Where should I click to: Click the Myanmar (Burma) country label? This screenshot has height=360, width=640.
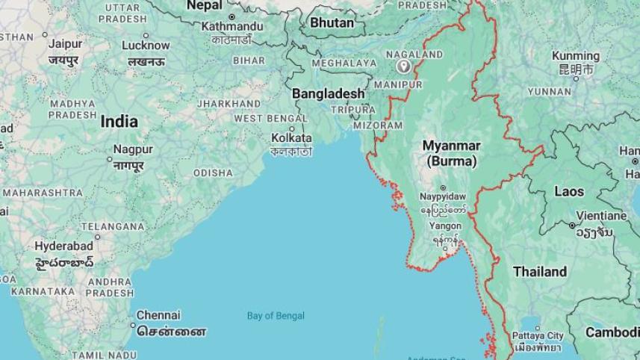[451, 152]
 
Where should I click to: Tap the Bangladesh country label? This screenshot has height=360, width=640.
[328, 94]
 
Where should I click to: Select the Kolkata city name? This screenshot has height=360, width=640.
[291, 138]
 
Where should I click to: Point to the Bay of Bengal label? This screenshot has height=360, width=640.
[276, 316]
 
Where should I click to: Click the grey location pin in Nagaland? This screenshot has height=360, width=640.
[404, 67]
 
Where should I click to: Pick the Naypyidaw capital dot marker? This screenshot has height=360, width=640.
[443, 188]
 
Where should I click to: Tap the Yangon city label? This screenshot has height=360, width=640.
[445, 226]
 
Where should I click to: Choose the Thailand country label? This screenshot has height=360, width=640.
[539, 272]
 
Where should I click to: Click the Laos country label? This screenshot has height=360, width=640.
[569, 192]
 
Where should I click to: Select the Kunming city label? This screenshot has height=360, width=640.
[575, 56]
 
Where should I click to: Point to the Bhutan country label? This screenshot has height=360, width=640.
[332, 23]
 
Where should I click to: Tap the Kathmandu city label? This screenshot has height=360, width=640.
[232, 27]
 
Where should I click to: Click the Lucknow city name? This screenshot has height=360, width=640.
[146, 46]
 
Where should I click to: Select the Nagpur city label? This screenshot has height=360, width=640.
[133, 149]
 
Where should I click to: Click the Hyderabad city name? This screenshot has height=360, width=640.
[63, 246]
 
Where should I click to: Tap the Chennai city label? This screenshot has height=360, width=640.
[158, 315]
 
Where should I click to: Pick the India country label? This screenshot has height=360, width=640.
[119, 122]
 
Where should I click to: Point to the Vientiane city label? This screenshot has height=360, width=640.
[602, 216]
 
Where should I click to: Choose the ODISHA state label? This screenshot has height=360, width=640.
[213, 173]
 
